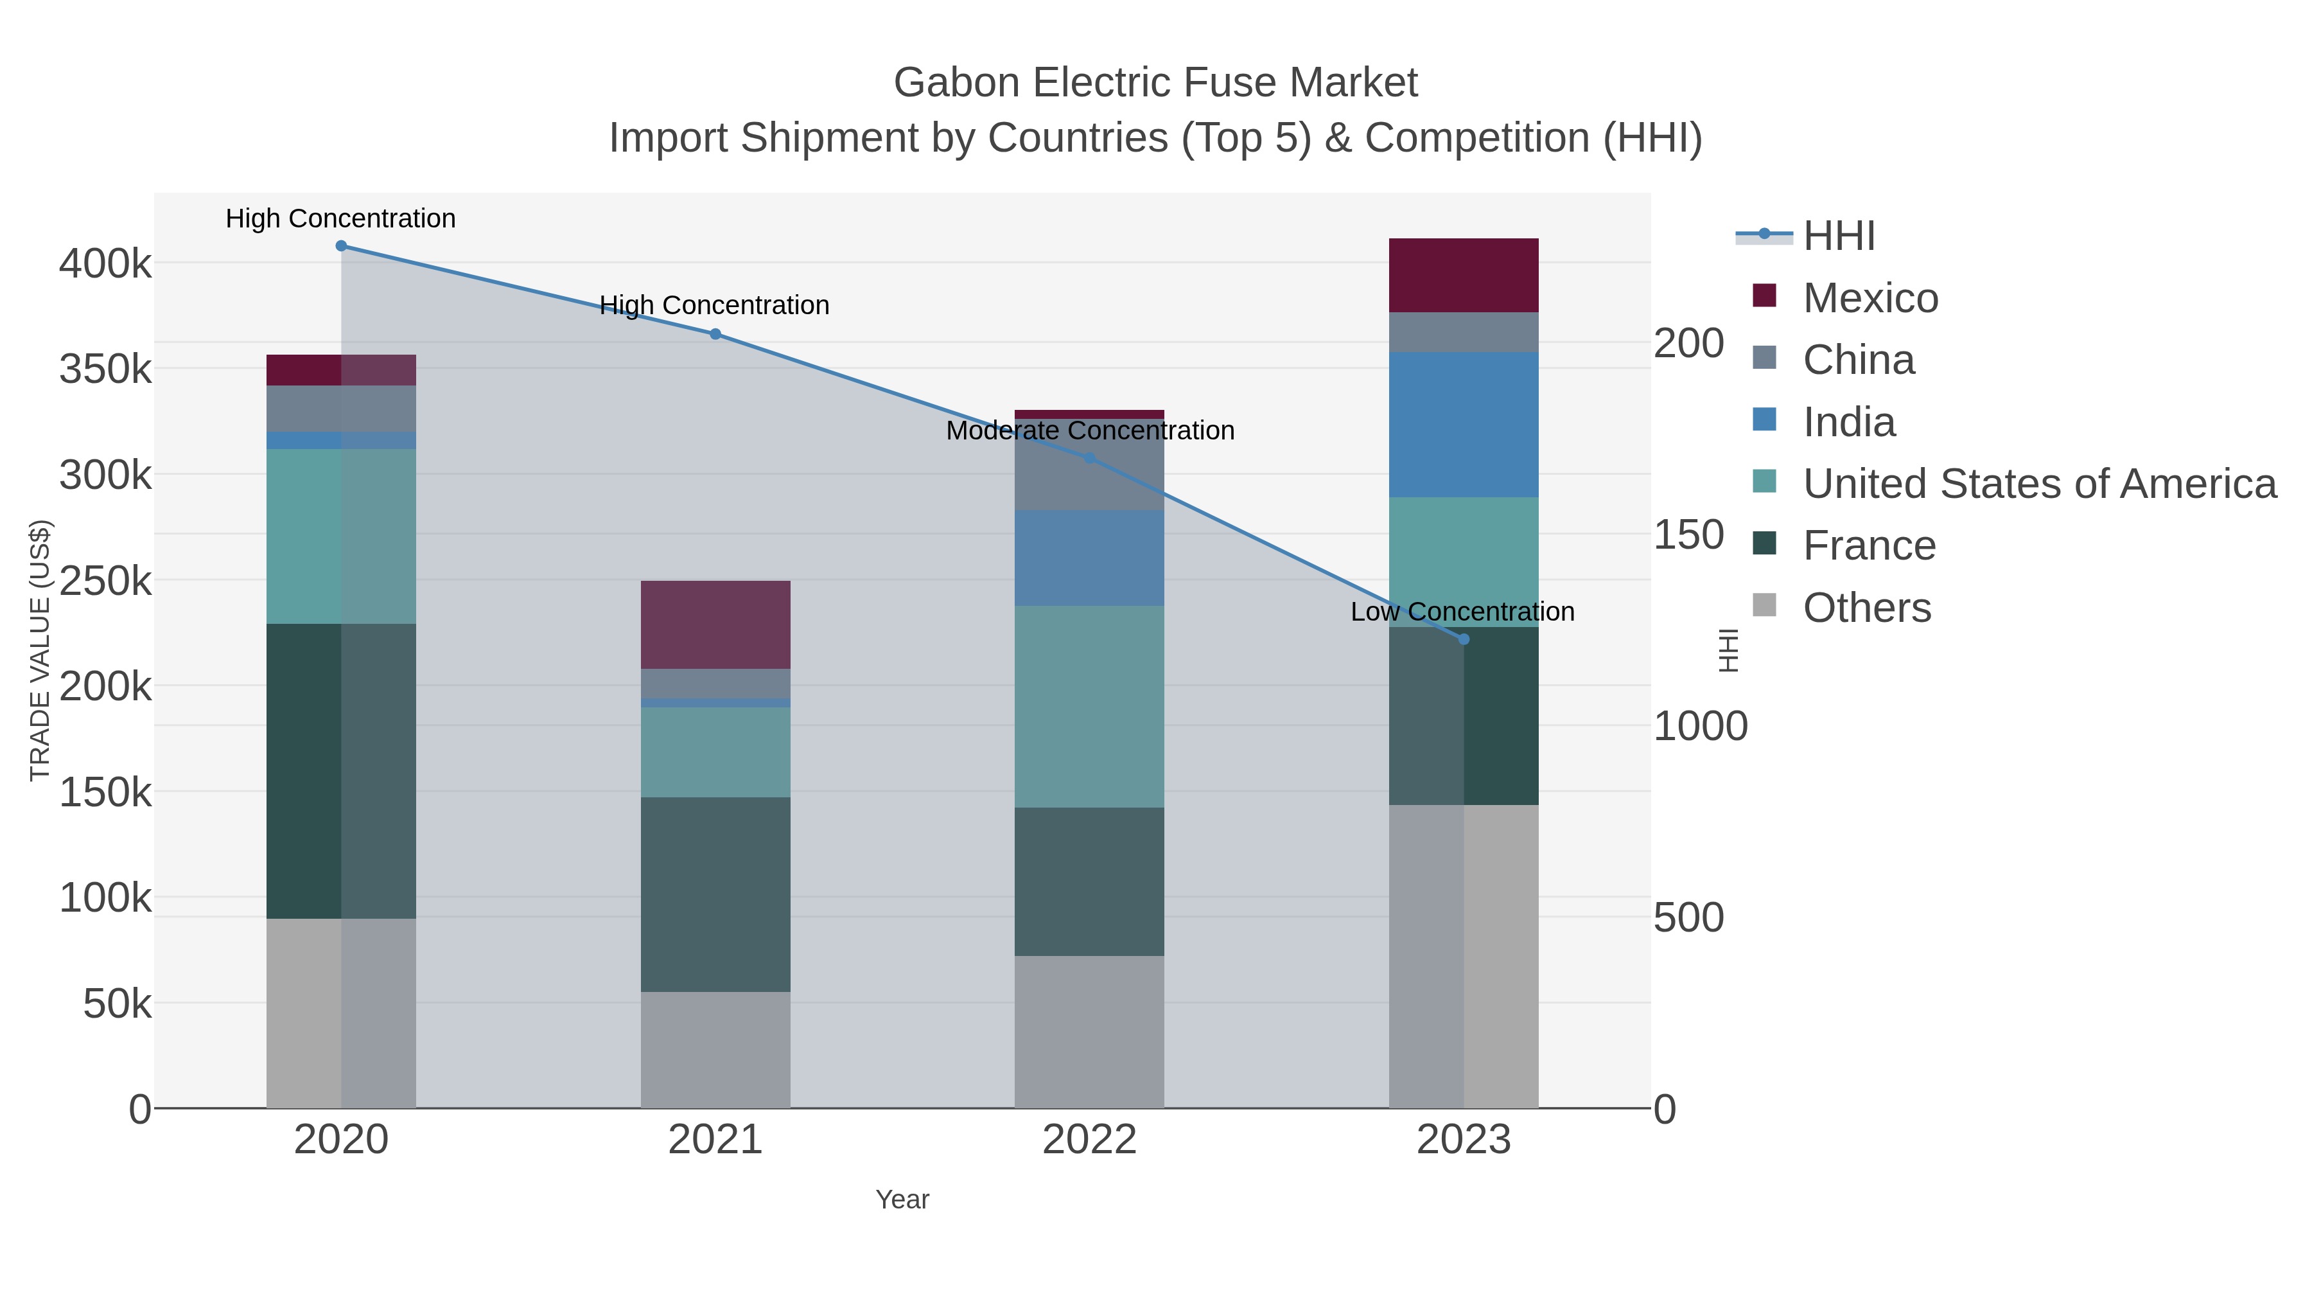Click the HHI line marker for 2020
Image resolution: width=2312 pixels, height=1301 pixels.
tap(341, 246)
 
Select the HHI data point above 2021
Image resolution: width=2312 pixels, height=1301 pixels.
tap(715, 334)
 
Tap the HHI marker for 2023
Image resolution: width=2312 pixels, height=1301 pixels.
tap(1464, 639)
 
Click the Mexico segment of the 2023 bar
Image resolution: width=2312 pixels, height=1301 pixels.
tap(1464, 276)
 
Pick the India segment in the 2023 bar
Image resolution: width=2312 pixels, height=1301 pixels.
tap(1464, 425)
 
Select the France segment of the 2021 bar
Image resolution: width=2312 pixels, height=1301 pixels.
tap(715, 894)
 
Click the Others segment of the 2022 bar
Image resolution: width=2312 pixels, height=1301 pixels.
tap(1090, 1032)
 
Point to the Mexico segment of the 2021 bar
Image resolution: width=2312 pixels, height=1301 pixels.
tap(715, 625)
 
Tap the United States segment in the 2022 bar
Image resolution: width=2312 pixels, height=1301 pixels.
tap(1090, 707)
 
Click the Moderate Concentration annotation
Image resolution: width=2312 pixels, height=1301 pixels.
tap(1090, 431)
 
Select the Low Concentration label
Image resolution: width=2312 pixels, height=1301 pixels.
tap(1462, 612)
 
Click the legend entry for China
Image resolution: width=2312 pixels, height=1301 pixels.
tap(1858, 360)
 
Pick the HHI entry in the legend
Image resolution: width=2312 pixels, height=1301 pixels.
tap(1838, 236)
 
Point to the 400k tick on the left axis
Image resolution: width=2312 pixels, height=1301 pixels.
tap(105, 265)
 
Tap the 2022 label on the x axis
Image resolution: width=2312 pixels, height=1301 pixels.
tap(1090, 1140)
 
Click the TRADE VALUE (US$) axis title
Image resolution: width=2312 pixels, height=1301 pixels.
tap(40, 650)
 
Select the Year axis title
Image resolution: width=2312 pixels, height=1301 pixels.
tap(902, 1199)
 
